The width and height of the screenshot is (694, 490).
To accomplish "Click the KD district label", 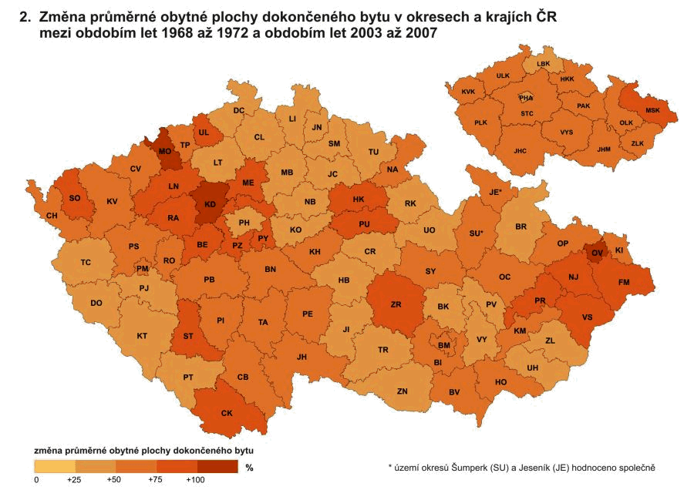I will (x=210, y=205).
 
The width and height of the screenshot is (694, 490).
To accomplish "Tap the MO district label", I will (x=165, y=152).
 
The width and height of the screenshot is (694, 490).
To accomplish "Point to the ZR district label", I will (x=396, y=305).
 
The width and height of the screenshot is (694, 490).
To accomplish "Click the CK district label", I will (x=227, y=414).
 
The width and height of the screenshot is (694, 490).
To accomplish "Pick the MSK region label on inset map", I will (x=653, y=110).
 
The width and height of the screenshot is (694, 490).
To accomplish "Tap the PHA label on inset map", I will (x=526, y=99).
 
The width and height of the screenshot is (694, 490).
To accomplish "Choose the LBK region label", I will (x=544, y=64).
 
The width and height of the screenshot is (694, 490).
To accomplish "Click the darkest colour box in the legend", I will (x=217, y=466).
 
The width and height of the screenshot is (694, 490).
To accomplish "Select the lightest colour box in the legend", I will (x=55, y=466).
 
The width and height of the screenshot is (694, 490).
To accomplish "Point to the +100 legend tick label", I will (x=195, y=480).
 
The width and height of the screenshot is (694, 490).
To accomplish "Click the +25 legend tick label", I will (x=75, y=480).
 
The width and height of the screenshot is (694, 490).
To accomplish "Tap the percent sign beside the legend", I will (x=248, y=467).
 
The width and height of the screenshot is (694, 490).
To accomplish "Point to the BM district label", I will (x=443, y=346).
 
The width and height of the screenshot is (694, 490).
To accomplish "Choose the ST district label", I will (x=188, y=335).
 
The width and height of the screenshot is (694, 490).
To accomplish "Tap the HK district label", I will (x=358, y=200).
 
